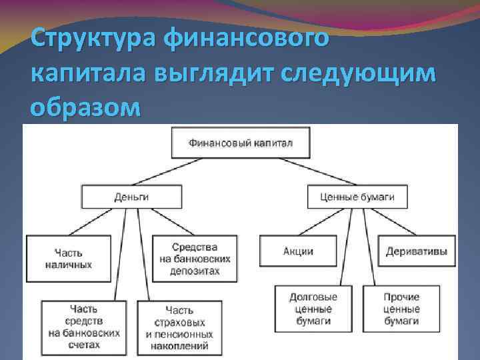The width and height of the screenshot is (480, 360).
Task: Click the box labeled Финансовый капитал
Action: [x=240, y=143]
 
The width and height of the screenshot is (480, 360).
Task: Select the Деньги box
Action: [x=131, y=197]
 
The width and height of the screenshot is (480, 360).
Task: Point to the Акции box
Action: [x=298, y=251]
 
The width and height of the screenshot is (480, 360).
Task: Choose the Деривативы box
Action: [x=416, y=251]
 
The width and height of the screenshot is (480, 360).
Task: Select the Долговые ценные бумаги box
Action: [x=313, y=309]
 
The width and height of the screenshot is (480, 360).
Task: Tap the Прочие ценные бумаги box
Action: [x=401, y=309]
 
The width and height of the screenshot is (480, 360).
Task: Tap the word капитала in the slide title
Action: [x=87, y=72]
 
